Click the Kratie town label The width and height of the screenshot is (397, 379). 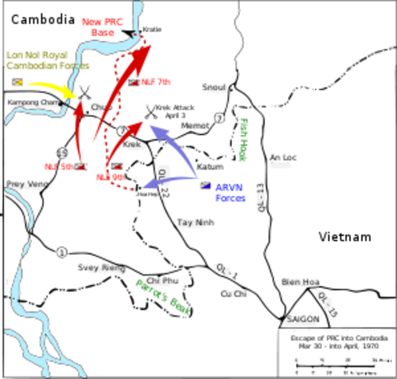click(x=152, y=29)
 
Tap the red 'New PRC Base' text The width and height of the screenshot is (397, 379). click(x=103, y=28)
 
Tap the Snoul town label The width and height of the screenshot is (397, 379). click(x=213, y=87)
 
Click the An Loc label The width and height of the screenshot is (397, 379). click(x=283, y=157)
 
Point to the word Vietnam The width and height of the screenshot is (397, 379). click(x=345, y=237)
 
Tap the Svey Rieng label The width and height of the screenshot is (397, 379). click(x=101, y=268)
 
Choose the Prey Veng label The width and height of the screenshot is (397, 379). click(x=24, y=185)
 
